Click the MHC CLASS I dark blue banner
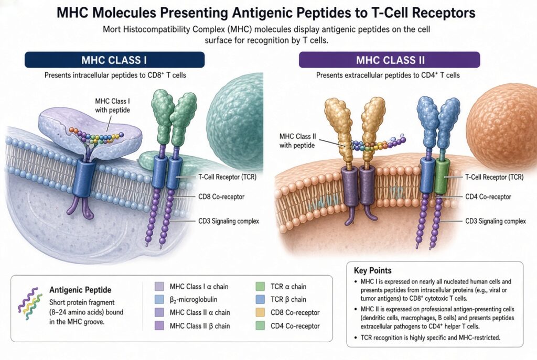click(114, 60)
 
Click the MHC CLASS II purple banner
click(390, 60)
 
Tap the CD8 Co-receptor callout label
click(221, 197)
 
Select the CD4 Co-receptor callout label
click(488, 197)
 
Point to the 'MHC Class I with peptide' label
click(112, 105)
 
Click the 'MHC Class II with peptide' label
click(297, 140)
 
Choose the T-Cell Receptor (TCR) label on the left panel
click(228, 177)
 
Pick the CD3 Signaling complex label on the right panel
click(495, 221)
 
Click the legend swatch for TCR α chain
click(260, 287)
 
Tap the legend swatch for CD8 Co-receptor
click(260, 312)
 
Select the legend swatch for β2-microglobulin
click(159, 299)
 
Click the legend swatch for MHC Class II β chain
click(159, 325)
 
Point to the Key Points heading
click(373, 271)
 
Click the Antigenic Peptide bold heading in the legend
click(80, 290)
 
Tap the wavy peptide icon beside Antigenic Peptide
click(30, 301)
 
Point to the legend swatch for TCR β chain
click(260, 299)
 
